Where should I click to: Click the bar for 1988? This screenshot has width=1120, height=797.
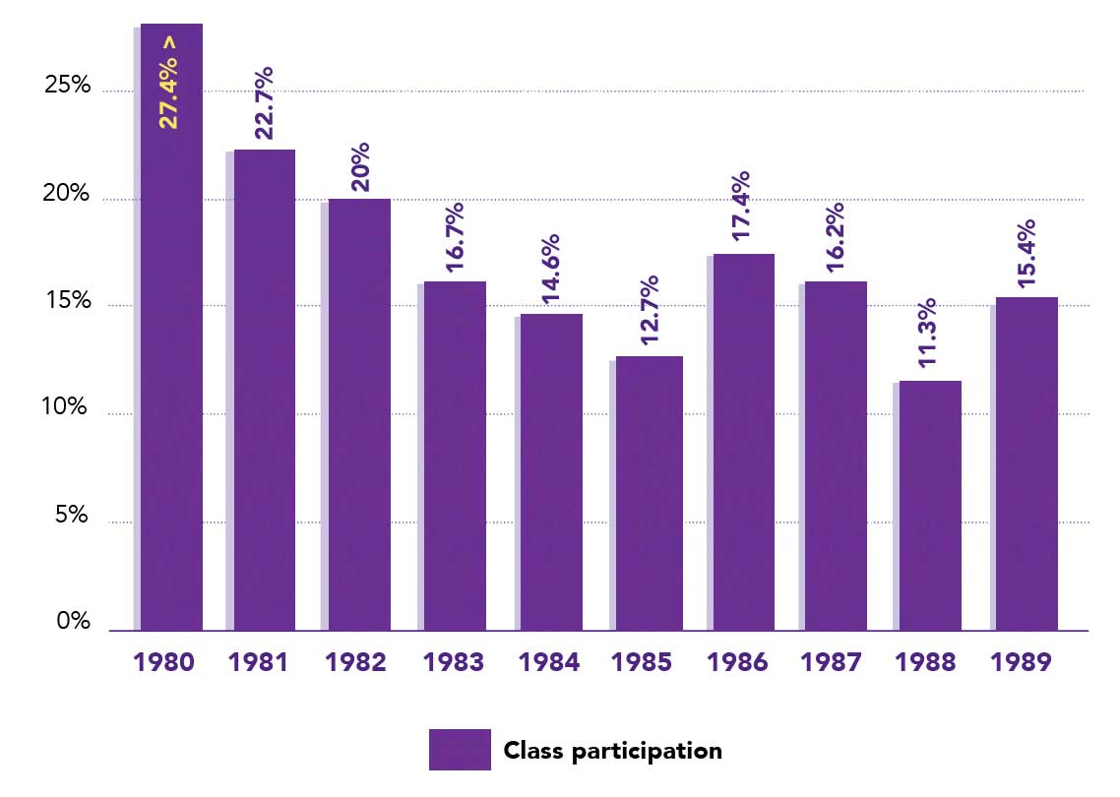pos(930,506)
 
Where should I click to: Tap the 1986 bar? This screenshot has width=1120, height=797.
pos(743,442)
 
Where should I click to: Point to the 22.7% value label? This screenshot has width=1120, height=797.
pos(263,104)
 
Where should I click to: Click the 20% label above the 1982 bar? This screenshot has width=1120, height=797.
pos(359,166)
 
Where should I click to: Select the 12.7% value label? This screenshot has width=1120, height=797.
pos(649,310)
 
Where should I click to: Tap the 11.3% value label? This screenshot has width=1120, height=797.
pos(928,334)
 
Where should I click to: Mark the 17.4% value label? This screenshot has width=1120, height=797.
pos(742,208)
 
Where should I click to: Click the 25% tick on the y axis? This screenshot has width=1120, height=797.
pos(68,87)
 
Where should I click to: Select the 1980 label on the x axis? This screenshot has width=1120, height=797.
pos(163,662)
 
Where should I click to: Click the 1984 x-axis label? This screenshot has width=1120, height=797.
pos(548,662)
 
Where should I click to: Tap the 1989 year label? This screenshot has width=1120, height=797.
pos(1021,662)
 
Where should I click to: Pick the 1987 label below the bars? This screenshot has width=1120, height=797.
pos(833,662)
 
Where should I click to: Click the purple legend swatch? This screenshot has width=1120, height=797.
pos(460,750)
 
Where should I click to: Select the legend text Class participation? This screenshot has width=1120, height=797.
pos(612,751)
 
